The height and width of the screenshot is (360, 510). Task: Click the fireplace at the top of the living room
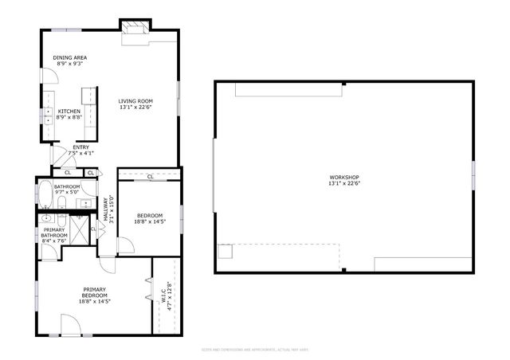pyautogui.click(x=134, y=28)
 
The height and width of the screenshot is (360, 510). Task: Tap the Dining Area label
pyautogui.click(x=70, y=58)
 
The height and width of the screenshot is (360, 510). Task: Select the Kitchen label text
pyautogui.click(x=69, y=112)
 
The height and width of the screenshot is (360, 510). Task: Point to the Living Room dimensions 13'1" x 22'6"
pyautogui.click(x=135, y=108)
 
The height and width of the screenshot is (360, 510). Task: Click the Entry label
pyautogui.click(x=80, y=147)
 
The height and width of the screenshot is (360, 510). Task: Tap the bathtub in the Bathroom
pyautogui.click(x=45, y=192)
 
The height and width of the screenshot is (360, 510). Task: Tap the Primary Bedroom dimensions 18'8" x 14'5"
pyautogui.click(x=94, y=301)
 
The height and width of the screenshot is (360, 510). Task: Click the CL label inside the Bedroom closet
pyautogui.click(x=150, y=176)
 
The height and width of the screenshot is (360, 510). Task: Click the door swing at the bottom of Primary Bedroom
pyautogui.click(x=70, y=324)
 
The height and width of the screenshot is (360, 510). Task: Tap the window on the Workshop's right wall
pyautogui.click(x=473, y=175)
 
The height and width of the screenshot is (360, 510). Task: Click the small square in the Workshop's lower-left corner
pyautogui.click(x=226, y=251)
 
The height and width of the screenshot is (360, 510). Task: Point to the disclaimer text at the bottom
pyautogui.click(x=254, y=349)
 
